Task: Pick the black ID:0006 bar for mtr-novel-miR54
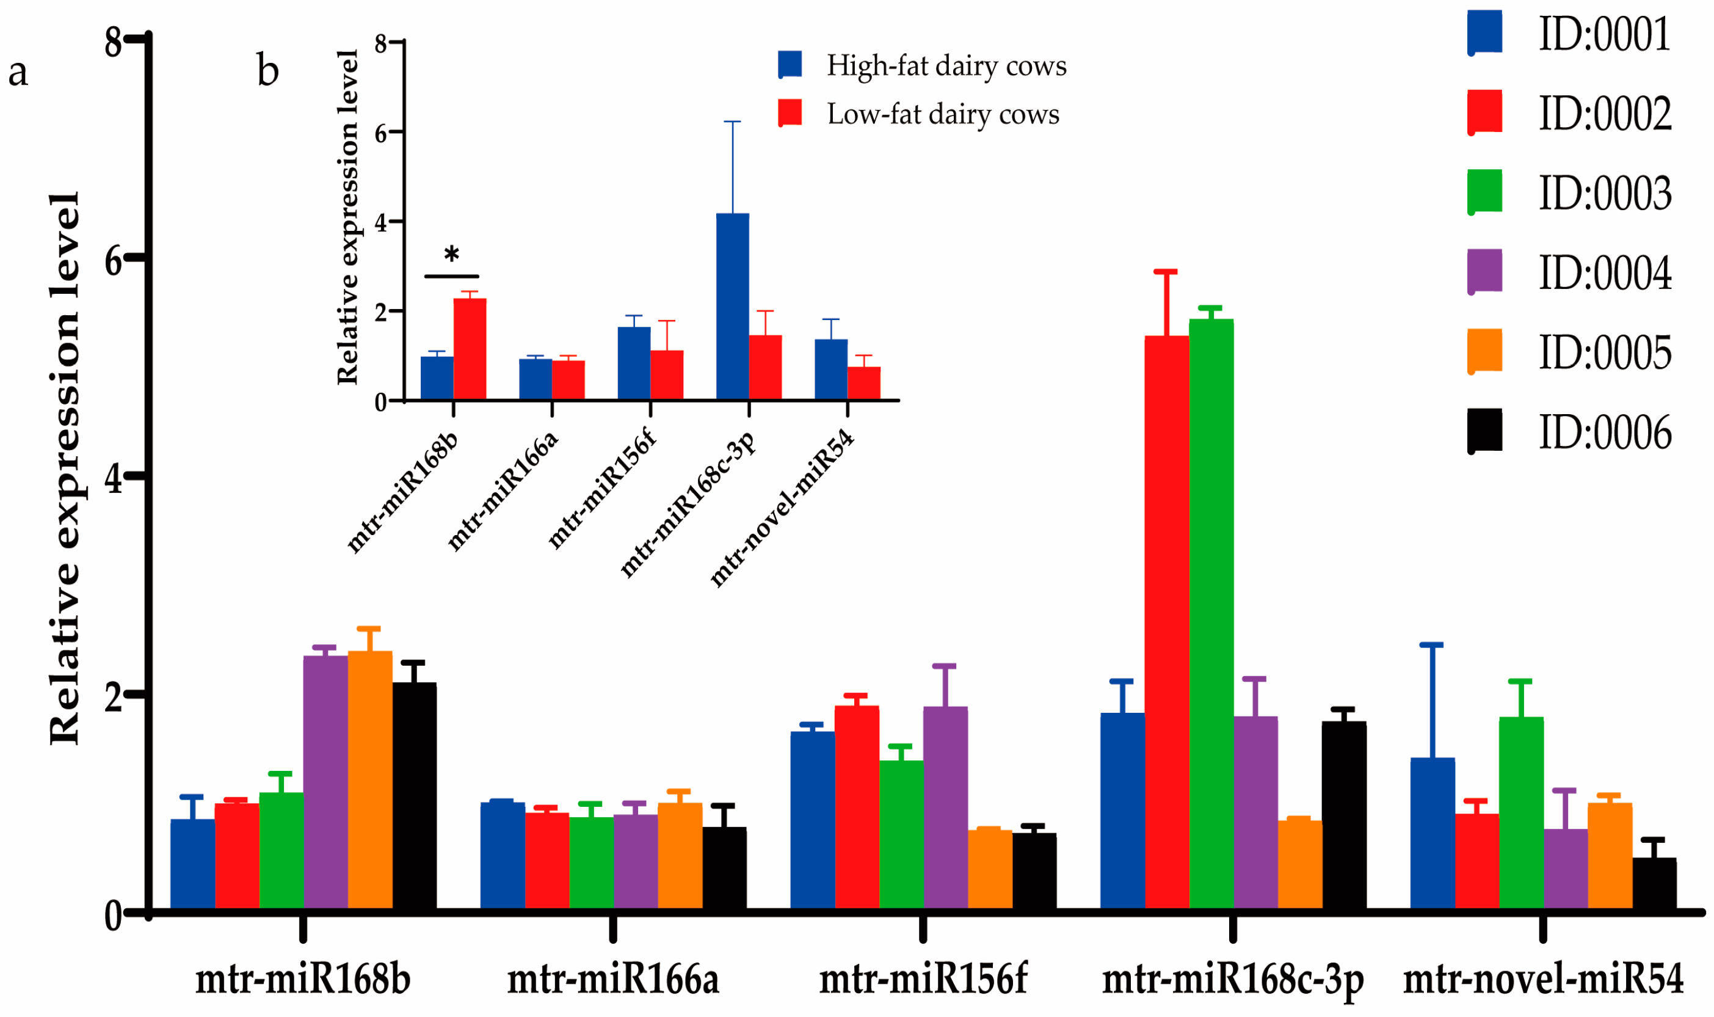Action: [x=1654, y=883]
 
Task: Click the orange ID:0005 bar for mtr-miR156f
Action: [x=989, y=870]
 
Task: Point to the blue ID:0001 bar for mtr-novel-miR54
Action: [x=1432, y=833]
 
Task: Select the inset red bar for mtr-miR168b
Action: [x=470, y=349]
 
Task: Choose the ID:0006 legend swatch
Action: [x=1484, y=431]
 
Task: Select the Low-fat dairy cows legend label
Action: [x=943, y=114]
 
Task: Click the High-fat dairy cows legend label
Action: [x=946, y=66]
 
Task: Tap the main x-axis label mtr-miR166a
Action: [x=612, y=979]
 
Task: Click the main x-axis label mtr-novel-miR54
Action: [x=1543, y=979]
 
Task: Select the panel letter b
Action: [x=268, y=71]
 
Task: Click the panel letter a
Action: [x=18, y=72]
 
